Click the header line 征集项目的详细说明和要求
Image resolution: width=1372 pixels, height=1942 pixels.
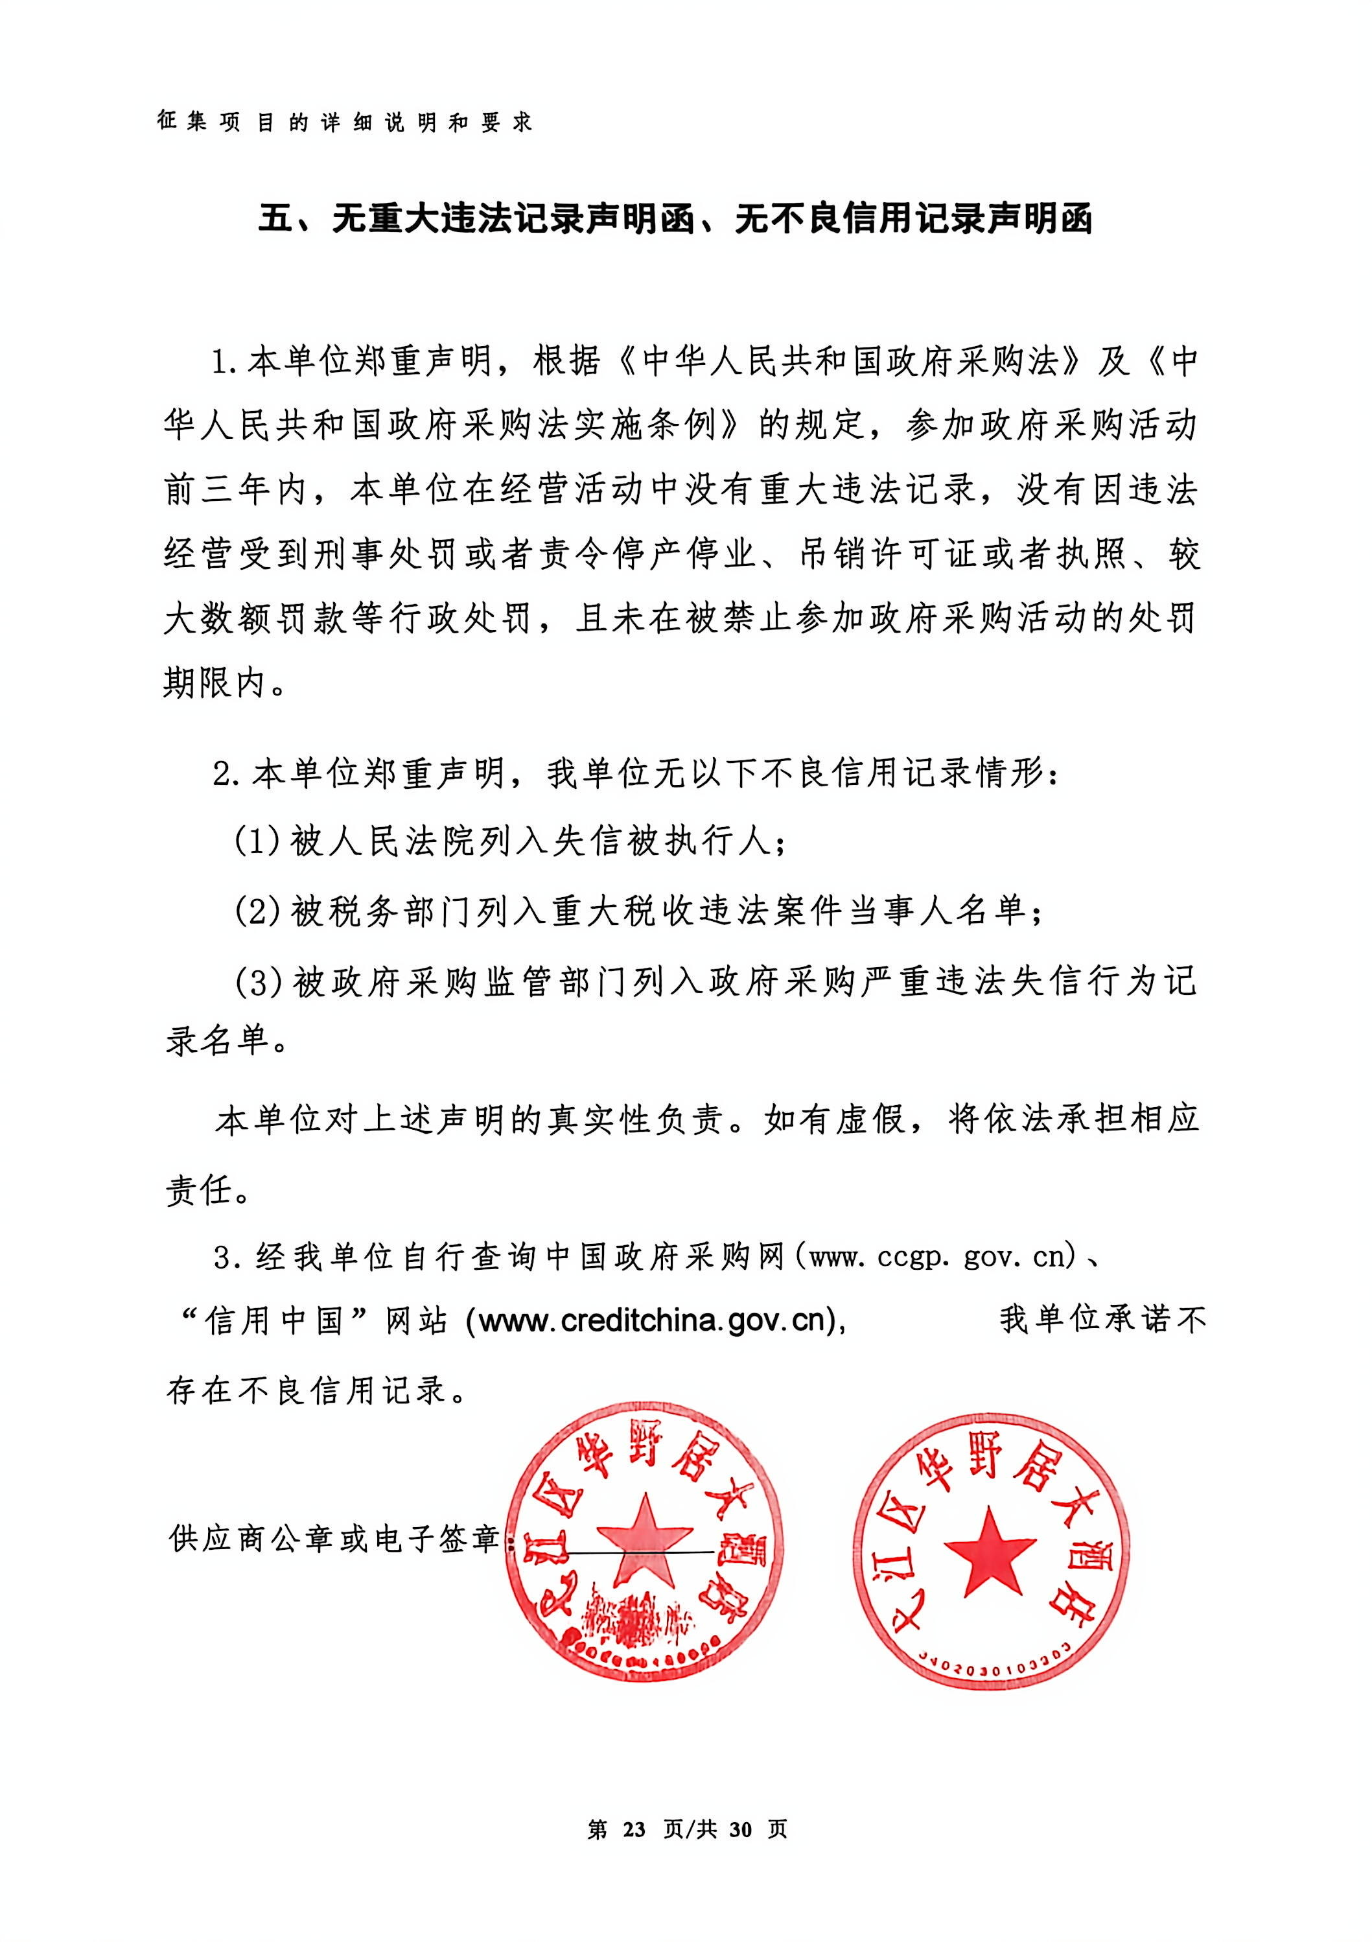coord(344,123)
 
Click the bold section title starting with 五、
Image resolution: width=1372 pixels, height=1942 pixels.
coord(675,219)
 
